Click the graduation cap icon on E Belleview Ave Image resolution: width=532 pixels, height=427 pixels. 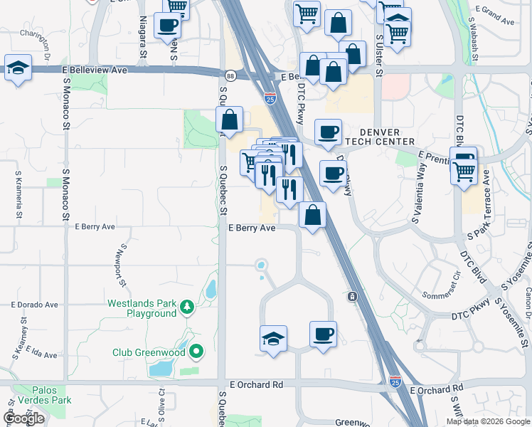coord(19,68)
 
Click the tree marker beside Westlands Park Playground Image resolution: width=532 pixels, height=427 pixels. coord(186,307)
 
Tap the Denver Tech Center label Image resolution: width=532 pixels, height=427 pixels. coord(387,137)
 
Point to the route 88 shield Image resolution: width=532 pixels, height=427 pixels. coord(230,75)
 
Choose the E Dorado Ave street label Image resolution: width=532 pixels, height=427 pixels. coord(34,304)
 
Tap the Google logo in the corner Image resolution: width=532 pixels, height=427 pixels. coord(23,418)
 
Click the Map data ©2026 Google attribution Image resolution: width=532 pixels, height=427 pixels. coord(487,421)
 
